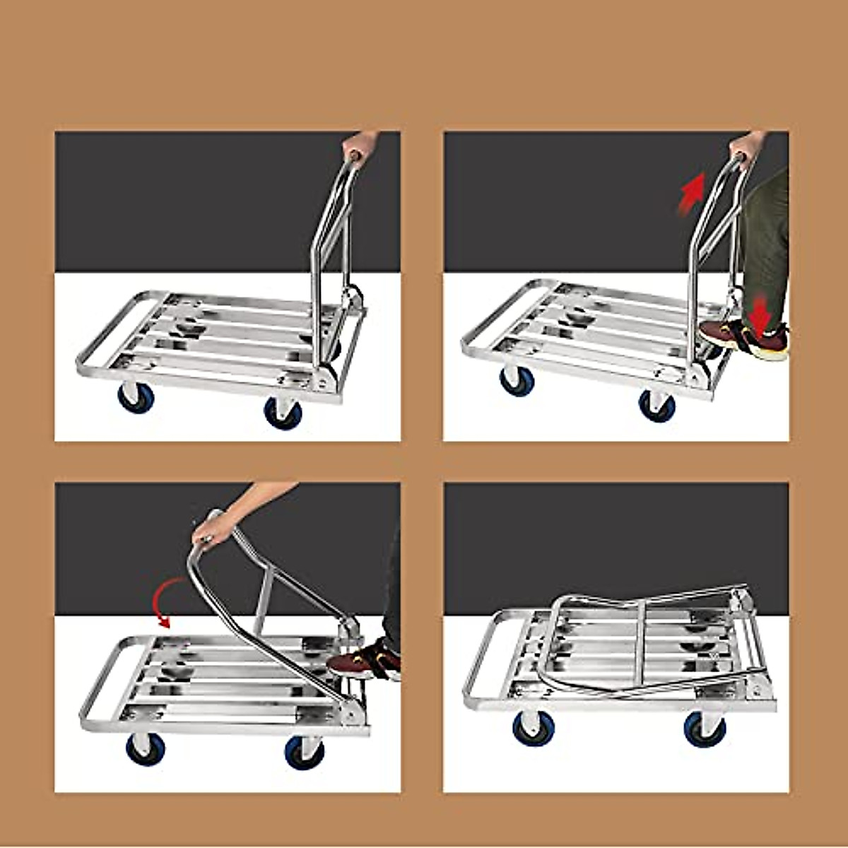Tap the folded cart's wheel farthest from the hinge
click(534, 728)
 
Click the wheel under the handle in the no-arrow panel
click(283, 412)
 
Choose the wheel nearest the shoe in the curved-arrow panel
click(305, 752)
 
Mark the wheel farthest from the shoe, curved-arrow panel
click(146, 748)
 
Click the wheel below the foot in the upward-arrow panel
click(657, 406)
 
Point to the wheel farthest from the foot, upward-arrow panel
click(517, 380)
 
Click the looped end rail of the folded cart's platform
click(481, 661)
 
